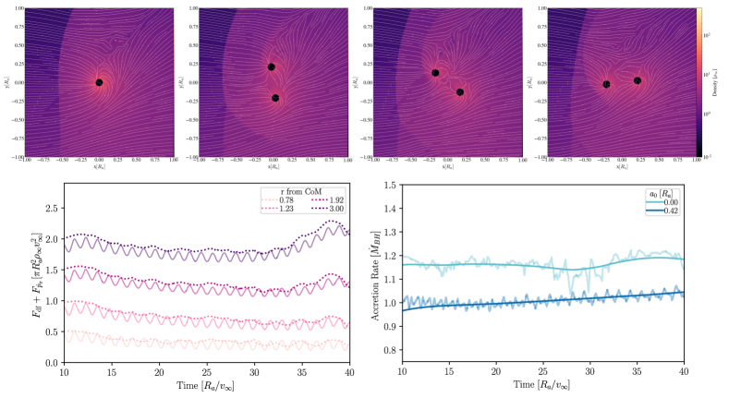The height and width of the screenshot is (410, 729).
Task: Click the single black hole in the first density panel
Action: [x=99, y=83]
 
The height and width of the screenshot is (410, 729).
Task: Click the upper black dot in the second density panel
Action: [x=272, y=66]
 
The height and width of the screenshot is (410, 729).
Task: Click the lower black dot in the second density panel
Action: [x=275, y=98]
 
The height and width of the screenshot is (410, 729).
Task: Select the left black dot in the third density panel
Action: [x=435, y=73]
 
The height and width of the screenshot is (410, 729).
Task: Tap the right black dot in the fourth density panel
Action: [x=638, y=81]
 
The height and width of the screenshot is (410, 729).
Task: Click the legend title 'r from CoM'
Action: [x=307, y=190]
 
